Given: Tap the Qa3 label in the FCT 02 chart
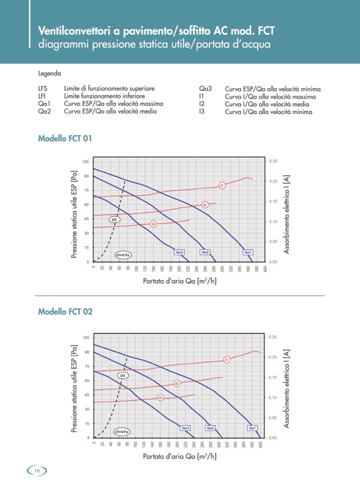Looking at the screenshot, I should (x=186, y=428).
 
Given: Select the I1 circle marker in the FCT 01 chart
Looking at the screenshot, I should (x=222, y=185).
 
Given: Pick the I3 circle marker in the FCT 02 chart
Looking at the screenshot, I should (x=160, y=398).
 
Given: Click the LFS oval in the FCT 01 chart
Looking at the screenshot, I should (x=115, y=220).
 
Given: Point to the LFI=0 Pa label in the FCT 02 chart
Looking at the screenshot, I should (x=122, y=432).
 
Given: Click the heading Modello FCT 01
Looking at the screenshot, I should (x=64, y=138).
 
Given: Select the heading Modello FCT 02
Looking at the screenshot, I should (x=65, y=312).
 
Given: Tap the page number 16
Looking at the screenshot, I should (x=37, y=471).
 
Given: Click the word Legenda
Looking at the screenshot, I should (x=49, y=73).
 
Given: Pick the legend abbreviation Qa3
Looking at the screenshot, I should (x=205, y=88).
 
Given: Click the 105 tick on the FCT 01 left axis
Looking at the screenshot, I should (x=86, y=162).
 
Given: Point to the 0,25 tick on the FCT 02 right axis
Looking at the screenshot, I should (x=272, y=337).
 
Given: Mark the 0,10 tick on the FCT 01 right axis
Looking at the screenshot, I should (x=272, y=222).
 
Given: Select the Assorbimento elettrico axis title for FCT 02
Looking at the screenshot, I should (x=287, y=387).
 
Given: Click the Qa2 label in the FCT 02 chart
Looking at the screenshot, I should (x=210, y=428).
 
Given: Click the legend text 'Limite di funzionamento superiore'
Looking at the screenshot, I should (x=113, y=88).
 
